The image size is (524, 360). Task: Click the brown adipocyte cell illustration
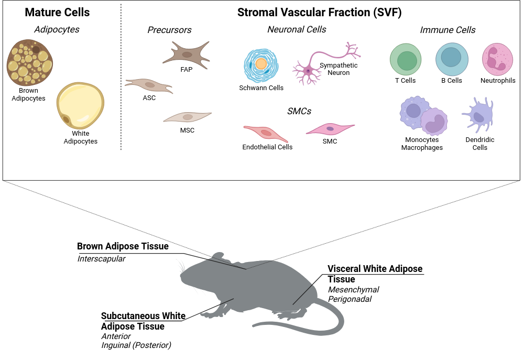pos(30,62)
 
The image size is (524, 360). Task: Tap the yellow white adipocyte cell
pos(80,106)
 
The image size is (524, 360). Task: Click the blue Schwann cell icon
pos(261,66)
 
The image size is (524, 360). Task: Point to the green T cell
pos(406,60)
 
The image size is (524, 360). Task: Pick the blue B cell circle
pos(452,59)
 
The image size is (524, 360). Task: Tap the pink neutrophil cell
pos(498,59)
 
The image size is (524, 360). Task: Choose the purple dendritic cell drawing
pos(478,115)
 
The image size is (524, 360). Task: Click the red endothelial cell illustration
pos(266,134)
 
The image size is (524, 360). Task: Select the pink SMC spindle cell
pos(330,129)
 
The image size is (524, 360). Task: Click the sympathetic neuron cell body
pos(308,71)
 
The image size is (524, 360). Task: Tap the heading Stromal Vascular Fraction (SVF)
pos(319,13)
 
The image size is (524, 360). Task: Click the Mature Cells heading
pos(57,13)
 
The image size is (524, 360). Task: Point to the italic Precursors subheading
pos(169,30)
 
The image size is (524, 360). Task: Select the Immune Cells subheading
pos(447,30)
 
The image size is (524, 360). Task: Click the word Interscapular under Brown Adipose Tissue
pos(101,259)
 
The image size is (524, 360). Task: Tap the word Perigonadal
pos(350,299)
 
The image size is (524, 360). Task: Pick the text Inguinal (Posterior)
pos(136,345)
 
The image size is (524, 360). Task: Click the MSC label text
pos(187,130)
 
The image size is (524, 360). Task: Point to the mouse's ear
pos(219,256)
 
